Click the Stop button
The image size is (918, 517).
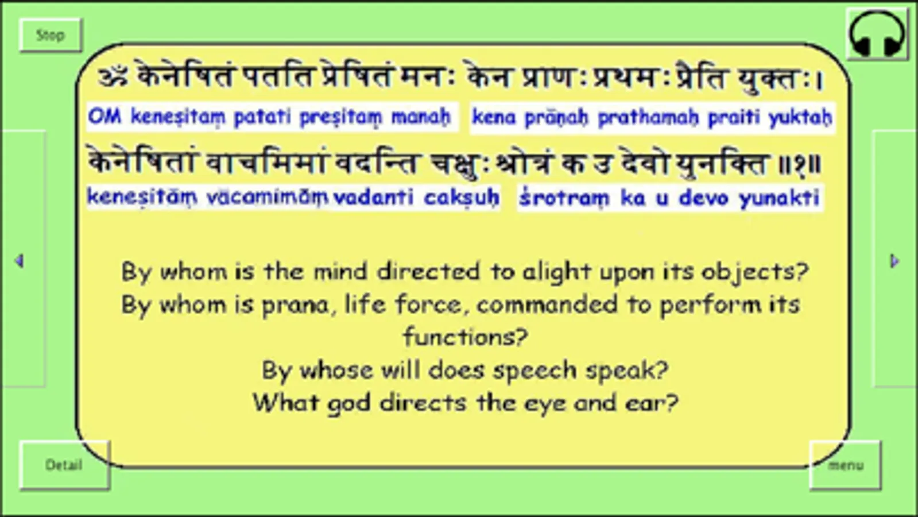51,36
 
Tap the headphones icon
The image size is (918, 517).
877,34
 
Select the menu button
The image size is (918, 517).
845,465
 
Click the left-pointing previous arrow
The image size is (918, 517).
19,261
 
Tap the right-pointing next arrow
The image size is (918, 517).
894,261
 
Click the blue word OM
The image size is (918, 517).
105,117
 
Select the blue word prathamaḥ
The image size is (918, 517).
648,117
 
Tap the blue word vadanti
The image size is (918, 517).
373,198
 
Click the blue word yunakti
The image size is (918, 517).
779,198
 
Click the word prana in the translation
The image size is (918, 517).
295,304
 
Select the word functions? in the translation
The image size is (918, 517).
465,337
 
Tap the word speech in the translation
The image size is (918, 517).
534,370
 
